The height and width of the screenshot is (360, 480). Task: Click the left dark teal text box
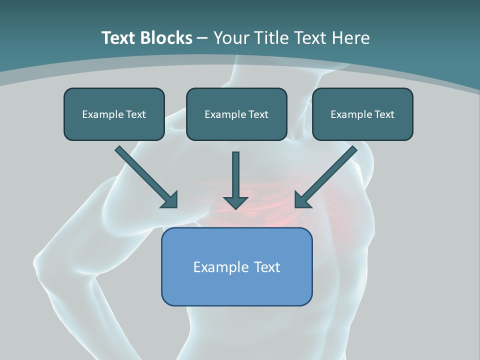coord(114,114)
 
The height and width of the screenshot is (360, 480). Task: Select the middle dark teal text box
coord(236,114)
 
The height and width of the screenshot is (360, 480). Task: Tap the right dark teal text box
coord(362,114)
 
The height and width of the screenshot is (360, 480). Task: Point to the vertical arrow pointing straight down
coord(235,175)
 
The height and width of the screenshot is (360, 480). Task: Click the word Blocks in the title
coord(165,38)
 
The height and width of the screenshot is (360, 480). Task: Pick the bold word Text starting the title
coord(118,38)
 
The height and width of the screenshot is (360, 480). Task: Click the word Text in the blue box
coord(267,267)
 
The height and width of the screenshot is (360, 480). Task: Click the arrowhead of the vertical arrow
coord(235,202)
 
